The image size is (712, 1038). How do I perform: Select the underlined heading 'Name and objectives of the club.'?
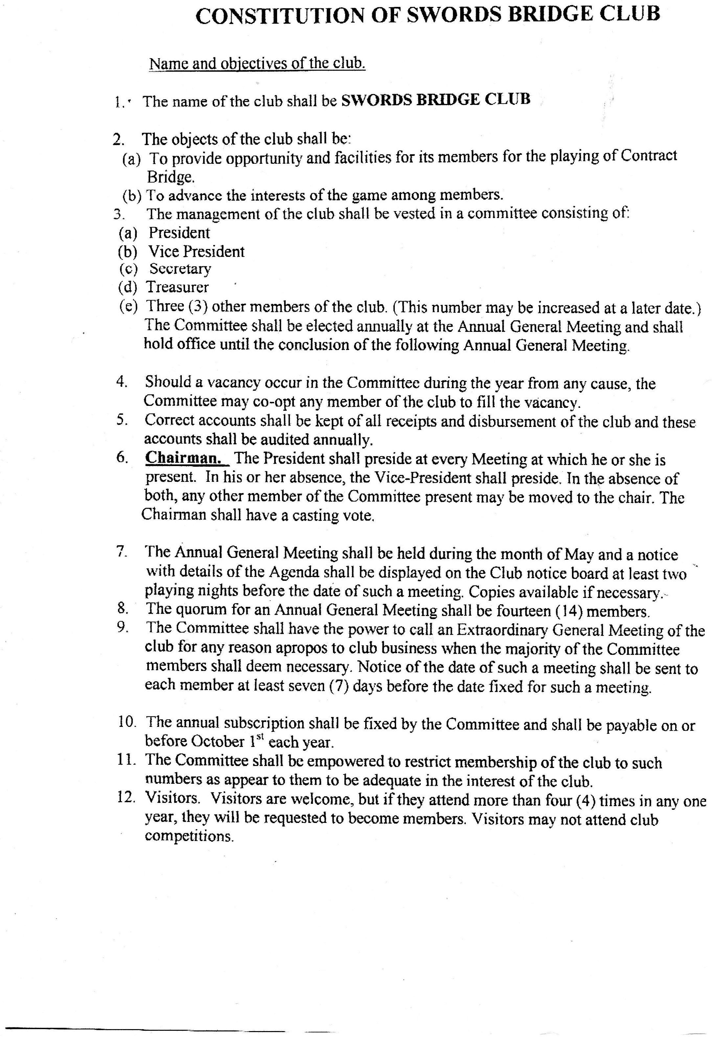pyautogui.click(x=257, y=63)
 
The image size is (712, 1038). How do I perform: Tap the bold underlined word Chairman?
pyautogui.click(x=183, y=458)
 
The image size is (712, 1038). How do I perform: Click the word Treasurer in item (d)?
pyautogui.click(x=177, y=287)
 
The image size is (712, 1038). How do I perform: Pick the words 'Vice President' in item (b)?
pyautogui.click(x=197, y=252)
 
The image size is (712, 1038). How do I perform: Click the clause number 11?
pyautogui.click(x=126, y=760)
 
